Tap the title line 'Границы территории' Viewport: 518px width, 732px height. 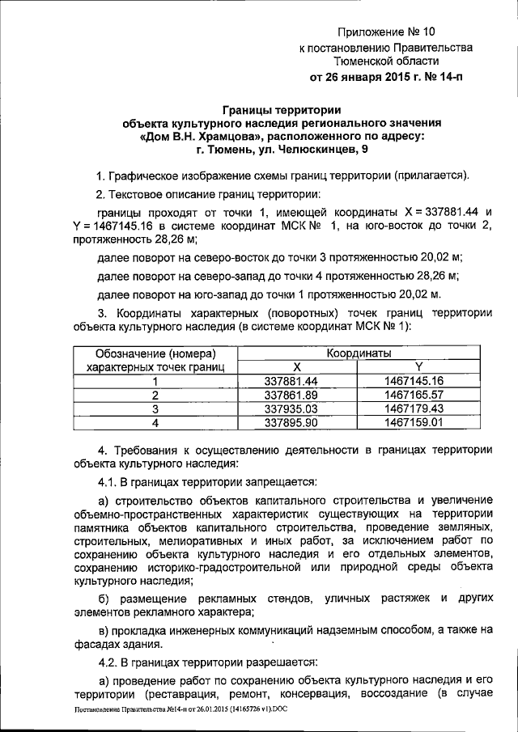[x=282, y=110]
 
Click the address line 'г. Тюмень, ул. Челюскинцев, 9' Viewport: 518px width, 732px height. [x=282, y=150]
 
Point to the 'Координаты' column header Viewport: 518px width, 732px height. [x=359, y=353]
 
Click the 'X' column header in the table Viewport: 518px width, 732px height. [x=296, y=366]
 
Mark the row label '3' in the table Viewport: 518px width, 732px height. [x=155, y=408]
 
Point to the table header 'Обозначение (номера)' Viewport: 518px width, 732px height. [x=155, y=353]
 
